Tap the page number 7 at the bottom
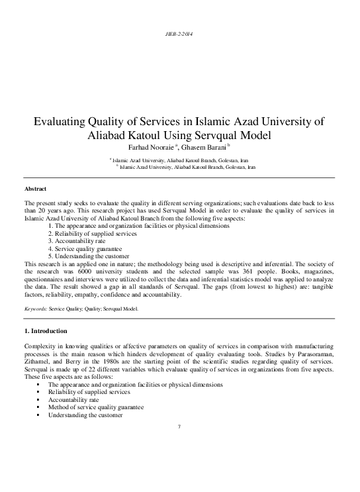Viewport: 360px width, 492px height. (x=179, y=425)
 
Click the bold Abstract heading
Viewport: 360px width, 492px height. (x=35, y=189)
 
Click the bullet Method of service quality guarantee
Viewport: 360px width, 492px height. (x=95, y=408)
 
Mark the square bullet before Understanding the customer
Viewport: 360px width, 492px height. (x=40, y=416)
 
